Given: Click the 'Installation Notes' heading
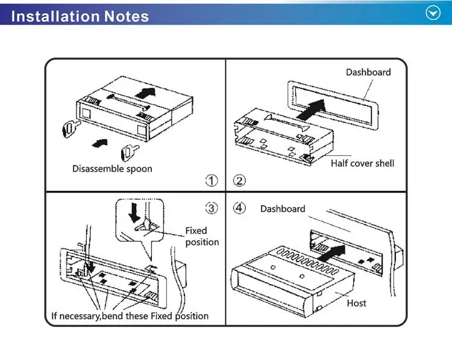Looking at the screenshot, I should click(x=80, y=16).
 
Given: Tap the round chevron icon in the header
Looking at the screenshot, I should click(x=433, y=13).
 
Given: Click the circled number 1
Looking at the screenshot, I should click(x=212, y=180).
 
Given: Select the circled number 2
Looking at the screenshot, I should click(x=239, y=180).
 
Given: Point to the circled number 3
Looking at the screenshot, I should click(x=212, y=208).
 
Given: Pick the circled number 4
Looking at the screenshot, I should click(x=239, y=208).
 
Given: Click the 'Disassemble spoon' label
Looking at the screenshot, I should click(x=112, y=169).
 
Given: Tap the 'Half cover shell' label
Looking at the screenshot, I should click(x=362, y=163).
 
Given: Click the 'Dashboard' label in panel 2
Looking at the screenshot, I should click(x=368, y=72).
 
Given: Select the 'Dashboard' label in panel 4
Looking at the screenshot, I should click(x=283, y=209).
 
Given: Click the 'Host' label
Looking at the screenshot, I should click(x=356, y=303).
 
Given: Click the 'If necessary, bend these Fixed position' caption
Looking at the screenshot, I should click(x=130, y=315).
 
